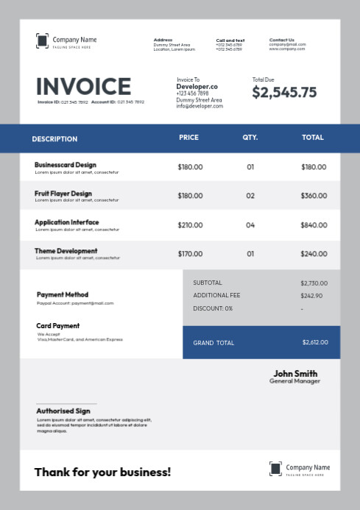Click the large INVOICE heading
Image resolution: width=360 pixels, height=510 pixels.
tap(83, 87)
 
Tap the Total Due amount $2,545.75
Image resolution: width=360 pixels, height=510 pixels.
tap(284, 92)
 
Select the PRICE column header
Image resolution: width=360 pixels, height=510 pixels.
tap(188, 138)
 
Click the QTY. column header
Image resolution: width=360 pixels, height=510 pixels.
tap(250, 138)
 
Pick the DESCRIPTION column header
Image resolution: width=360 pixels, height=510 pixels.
tap(54, 138)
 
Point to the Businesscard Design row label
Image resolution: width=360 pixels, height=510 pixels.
tap(66, 165)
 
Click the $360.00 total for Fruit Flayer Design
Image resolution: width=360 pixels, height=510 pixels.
tap(314, 196)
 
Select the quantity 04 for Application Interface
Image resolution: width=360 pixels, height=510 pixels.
tap(250, 225)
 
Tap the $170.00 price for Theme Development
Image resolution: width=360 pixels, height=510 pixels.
tap(190, 254)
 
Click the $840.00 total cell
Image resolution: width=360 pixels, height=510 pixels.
tap(314, 225)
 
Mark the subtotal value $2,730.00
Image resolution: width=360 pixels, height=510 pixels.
tap(314, 283)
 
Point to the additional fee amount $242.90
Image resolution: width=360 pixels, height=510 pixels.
tap(311, 295)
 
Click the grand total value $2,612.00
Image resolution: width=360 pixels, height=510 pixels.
tap(315, 342)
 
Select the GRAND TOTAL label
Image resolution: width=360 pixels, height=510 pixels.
tap(213, 343)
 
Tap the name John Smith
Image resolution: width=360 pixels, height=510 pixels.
tap(295, 373)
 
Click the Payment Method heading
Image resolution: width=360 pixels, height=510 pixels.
tap(63, 294)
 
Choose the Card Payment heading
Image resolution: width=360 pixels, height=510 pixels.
tap(57, 325)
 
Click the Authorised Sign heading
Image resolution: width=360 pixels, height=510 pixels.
tap(63, 411)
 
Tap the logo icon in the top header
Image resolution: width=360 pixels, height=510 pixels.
tap(42, 41)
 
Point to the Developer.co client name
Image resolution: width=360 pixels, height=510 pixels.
tap(197, 86)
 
